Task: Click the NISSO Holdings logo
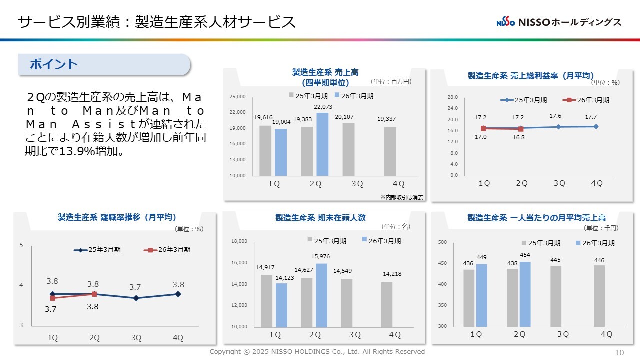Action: tap(558, 22)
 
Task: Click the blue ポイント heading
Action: tap(54, 64)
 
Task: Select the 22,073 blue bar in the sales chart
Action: tap(322, 144)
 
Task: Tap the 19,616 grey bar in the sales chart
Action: tap(265, 150)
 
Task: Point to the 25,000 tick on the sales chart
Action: tap(237, 96)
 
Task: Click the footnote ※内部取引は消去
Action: tap(401, 197)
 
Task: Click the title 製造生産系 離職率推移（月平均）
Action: tap(117, 217)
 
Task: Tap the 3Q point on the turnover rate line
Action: tap(136, 298)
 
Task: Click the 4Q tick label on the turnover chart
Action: tap(178, 338)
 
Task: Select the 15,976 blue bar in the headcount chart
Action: tap(322, 295)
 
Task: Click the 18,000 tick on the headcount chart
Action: tap(239, 241)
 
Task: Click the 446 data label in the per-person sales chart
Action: tap(599, 260)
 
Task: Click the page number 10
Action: tap(619, 352)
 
